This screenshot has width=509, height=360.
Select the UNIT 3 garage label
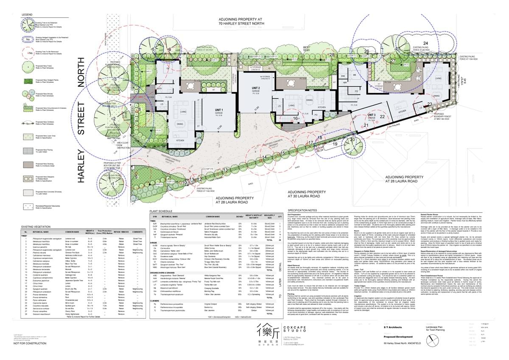tap(372, 115)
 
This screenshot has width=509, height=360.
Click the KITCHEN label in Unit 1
tap(180, 140)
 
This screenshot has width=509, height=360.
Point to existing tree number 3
tap(114, 79)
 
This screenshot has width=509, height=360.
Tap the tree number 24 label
tap(425, 44)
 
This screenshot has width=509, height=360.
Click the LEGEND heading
tap(27, 14)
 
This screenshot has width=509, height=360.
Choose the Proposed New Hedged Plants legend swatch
tap(28, 80)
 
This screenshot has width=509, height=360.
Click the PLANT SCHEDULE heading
tap(161, 211)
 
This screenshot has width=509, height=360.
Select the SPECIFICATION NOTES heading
tap(302, 211)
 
